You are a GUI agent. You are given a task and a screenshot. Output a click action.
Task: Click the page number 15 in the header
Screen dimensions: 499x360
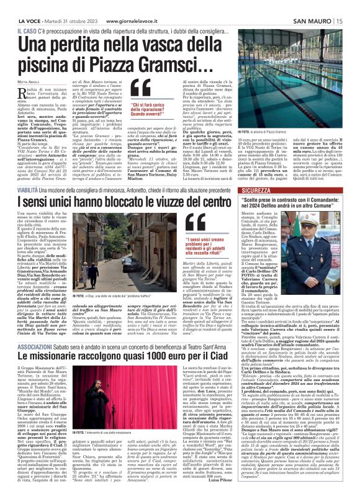pyautogui.click(x=340, y=20)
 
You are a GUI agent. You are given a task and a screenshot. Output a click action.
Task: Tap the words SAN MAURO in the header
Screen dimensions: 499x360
pyautogui.click(x=313, y=20)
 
